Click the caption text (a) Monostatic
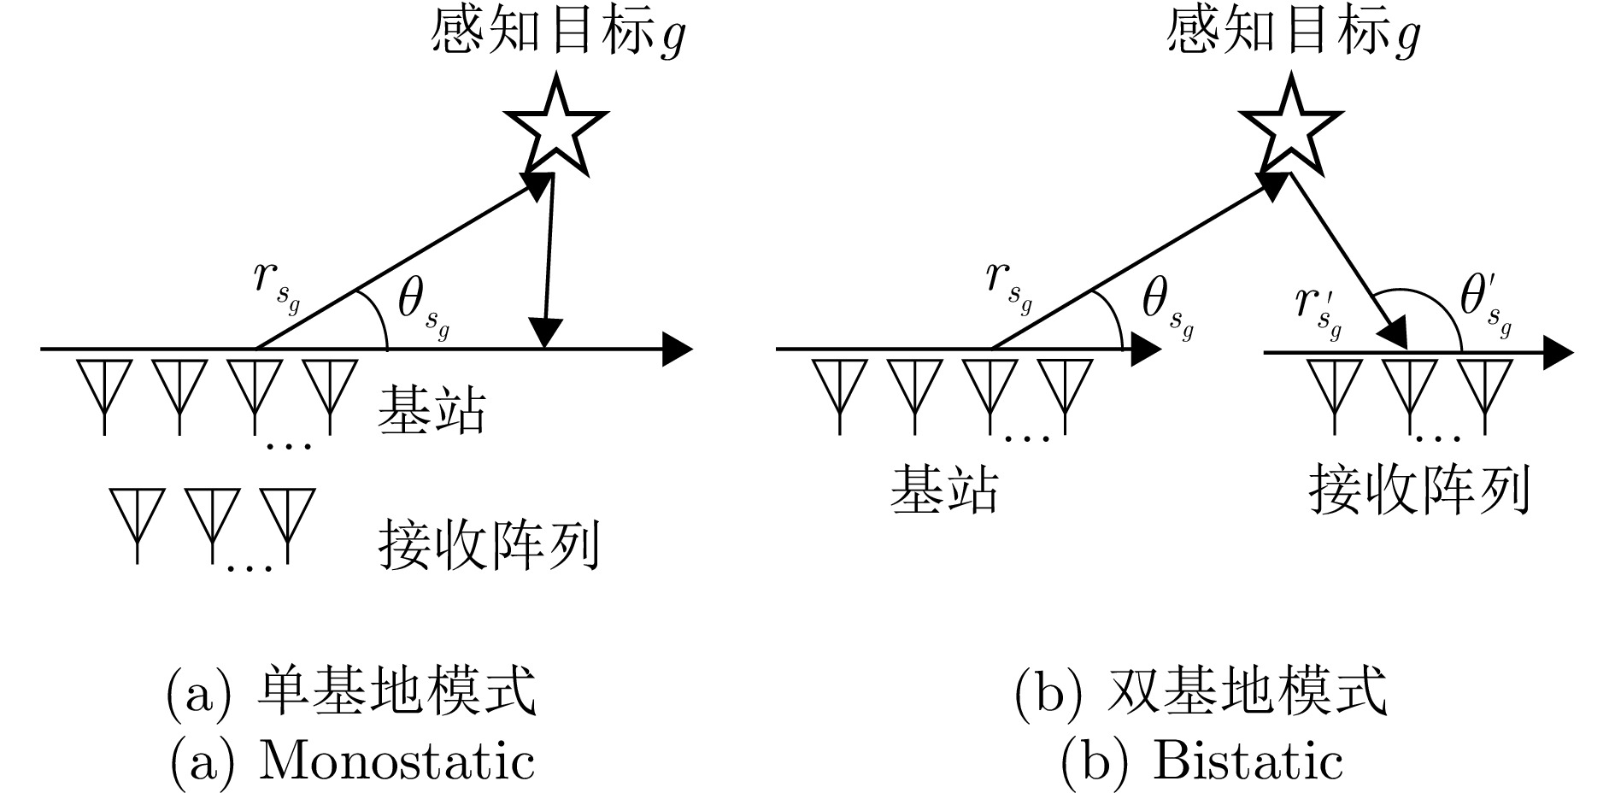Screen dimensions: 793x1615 [x=352, y=760]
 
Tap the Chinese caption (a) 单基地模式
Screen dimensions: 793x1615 [x=352, y=692]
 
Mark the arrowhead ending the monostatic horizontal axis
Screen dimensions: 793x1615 [x=678, y=349]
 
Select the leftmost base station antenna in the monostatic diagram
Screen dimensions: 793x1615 [x=104, y=389]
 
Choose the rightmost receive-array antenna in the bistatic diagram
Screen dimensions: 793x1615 [x=1485, y=389]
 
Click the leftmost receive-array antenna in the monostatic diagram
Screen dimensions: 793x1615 [x=138, y=518]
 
